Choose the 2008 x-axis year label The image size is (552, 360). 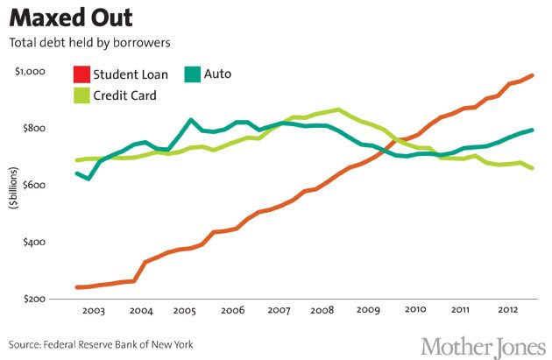click(x=322, y=311)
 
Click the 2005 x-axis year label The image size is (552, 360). click(x=185, y=311)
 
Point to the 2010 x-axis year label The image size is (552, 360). click(x=414, y=311)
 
